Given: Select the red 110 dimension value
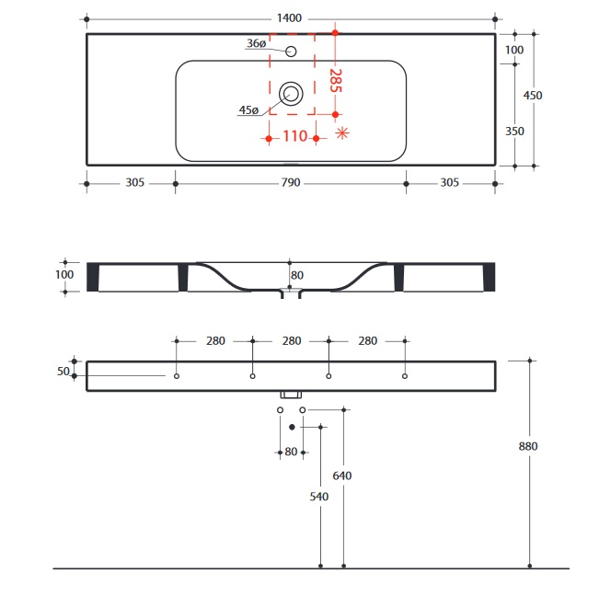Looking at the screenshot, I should click(x=294, y=137).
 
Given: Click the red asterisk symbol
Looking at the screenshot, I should click(x=342, y=134).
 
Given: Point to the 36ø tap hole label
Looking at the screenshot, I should click(x=258, y=44).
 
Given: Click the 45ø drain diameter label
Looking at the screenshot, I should click(x=248, y=110).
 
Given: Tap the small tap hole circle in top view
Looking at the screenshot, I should click(x=291, y=52).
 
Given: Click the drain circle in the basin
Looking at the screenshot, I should click(x=291, y=92).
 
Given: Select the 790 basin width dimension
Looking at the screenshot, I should click(x=291, y=183).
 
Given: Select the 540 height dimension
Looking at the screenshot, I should click(x=319, y=497).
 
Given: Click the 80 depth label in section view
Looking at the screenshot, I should click(x=297, y=274).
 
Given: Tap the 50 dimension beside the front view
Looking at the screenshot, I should click(x=64, y=371).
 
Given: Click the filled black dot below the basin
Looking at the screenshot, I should click(x=292, y=427).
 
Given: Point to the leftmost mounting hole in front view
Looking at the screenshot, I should click(x=176, y=376).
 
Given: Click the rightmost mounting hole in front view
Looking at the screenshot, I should click(x=405, y=376).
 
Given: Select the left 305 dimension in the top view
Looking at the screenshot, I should click(x=134, y=183).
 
